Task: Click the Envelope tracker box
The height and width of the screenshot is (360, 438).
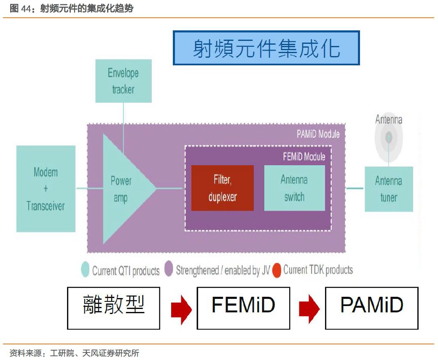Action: click(x=123, y=81)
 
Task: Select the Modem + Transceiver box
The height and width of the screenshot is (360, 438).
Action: click(x=46, y=188)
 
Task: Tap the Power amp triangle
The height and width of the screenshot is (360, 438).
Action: click(x=122, y=189)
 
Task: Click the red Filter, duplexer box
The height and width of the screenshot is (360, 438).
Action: click(x=223, y=188)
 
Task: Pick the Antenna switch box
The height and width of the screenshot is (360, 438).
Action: click(x=294, y=188)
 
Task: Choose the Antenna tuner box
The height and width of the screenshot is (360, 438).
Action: click(x=388, y=189)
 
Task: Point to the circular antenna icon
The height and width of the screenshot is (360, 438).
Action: click(x=388, y=137)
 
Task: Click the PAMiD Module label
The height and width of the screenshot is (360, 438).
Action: click(x=318, y=134)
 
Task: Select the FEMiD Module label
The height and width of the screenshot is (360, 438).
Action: click(x=304, y=157)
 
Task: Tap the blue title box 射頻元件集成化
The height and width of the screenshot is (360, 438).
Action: click(x=266, y=48)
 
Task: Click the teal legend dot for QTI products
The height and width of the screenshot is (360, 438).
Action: click(x=86, y=270)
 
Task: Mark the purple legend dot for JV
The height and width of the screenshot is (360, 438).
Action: click(x=169, y=270)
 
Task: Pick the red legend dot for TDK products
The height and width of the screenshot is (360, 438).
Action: click(x=277, y=270)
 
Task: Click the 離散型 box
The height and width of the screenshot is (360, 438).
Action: click(x=113, y=308)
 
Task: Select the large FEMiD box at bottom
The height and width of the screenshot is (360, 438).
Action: click(x=243, y=308)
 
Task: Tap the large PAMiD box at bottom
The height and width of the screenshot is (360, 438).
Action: click(x=371, y=308)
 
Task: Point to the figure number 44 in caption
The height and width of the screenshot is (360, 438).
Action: click(x=27, y=8)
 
